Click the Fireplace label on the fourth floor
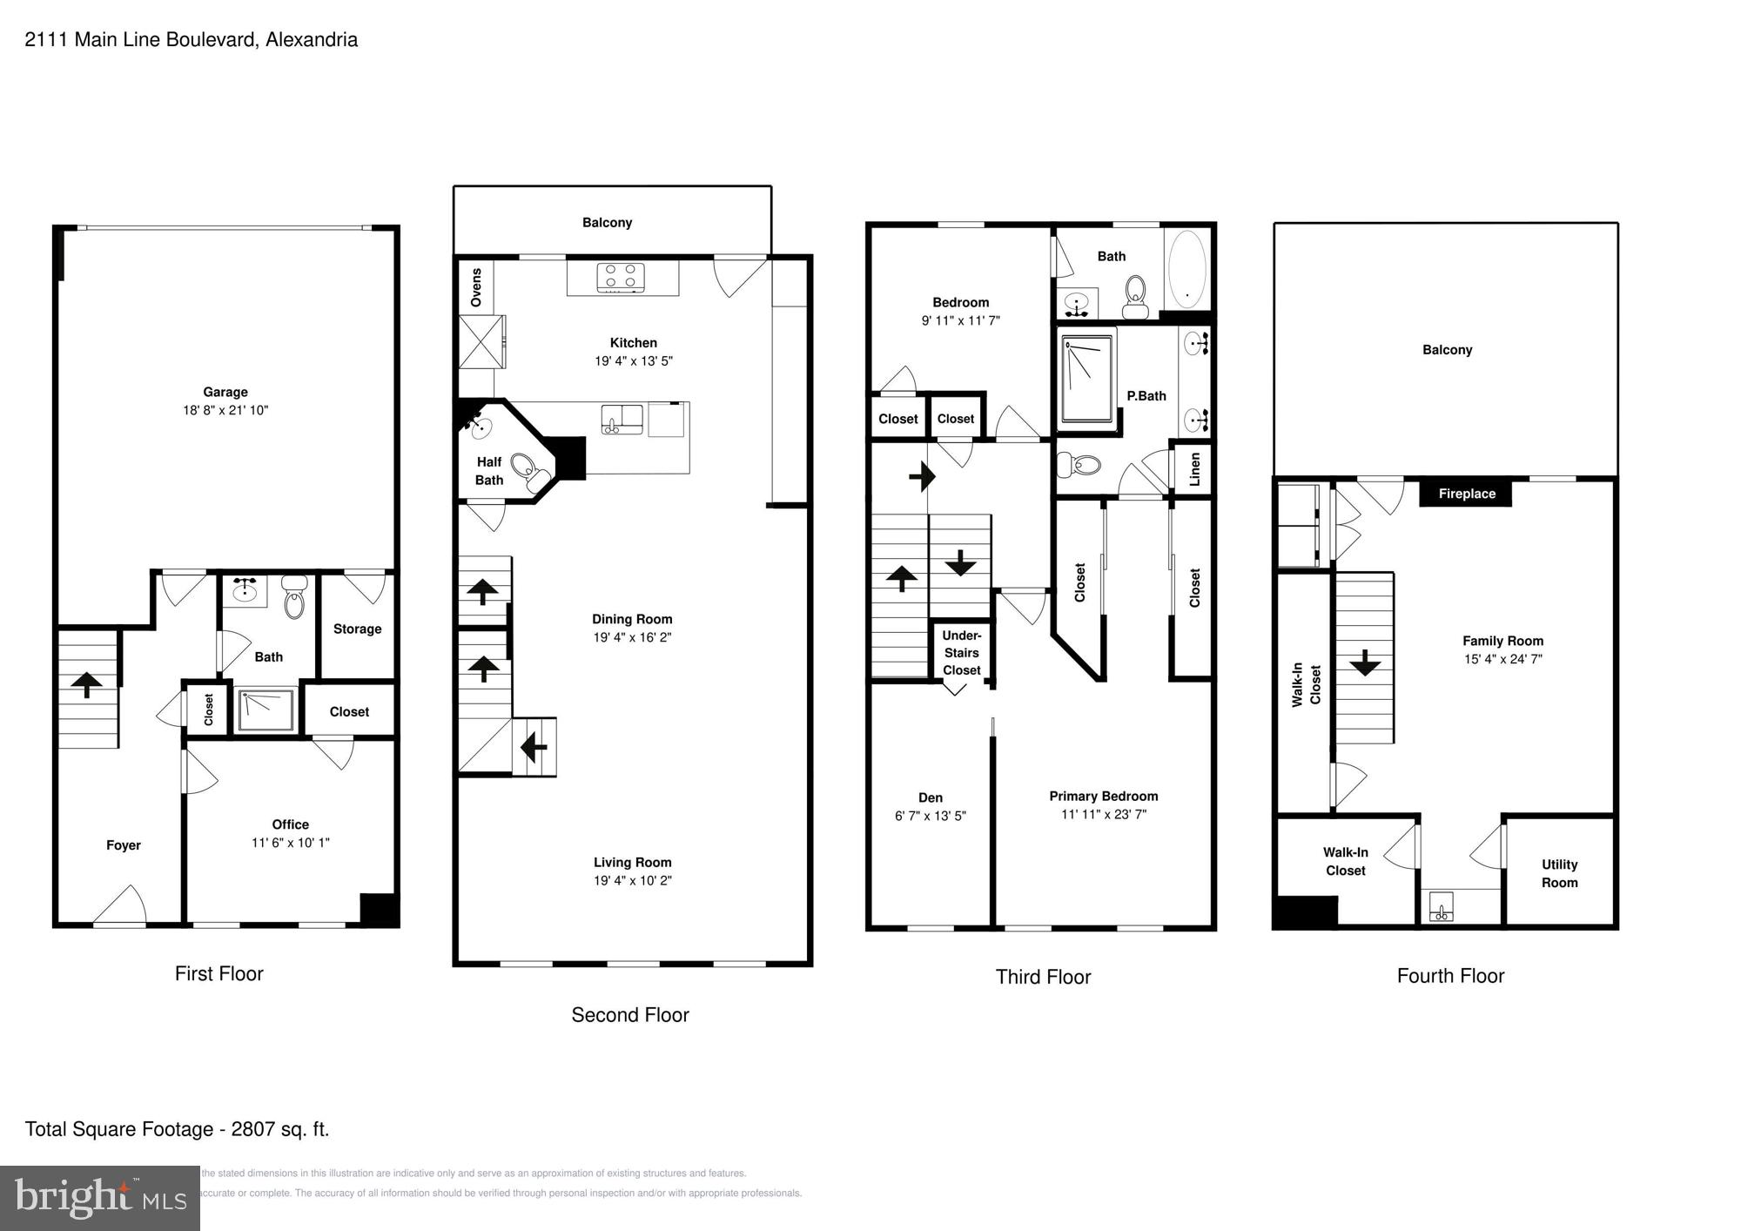[x=1466, y=494]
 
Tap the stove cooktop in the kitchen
[x=621, y=277]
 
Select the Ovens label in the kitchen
[x=476, y=286]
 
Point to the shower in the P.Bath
[x=1087, y=380]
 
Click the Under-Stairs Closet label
[x=961, y=653]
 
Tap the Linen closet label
[x=1194, y=469]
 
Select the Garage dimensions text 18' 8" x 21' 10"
[x=225, y=410]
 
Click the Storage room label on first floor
[x=357, y=629]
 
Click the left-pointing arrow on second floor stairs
[x=534, y=747]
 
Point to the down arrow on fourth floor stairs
[x=1364, y=663]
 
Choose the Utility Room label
[x=1559, y=873]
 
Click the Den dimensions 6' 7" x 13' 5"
[x=930, y=816]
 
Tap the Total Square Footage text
[x=177, y=1129]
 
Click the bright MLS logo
[x=99, y=1199]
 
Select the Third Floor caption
[x=1043, y=977]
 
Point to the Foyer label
[x=124, y=845]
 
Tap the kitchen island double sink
[x=622, y=418]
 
